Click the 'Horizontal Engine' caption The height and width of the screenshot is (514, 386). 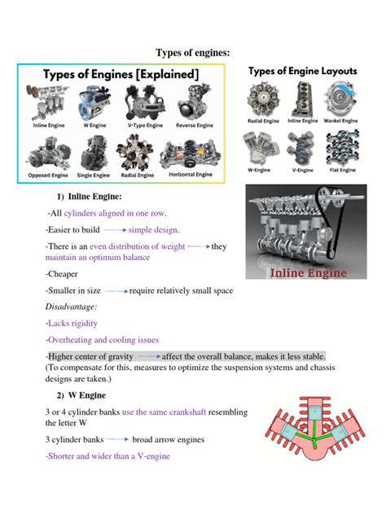click(x=191, y=174)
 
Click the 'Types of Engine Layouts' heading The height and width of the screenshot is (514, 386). click(x=302, y=72)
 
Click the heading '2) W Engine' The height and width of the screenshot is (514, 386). click(x=76, y=395)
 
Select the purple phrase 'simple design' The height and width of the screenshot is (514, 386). click(x=153, y=229)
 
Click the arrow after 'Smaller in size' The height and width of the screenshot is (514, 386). click(x=116, y=290)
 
